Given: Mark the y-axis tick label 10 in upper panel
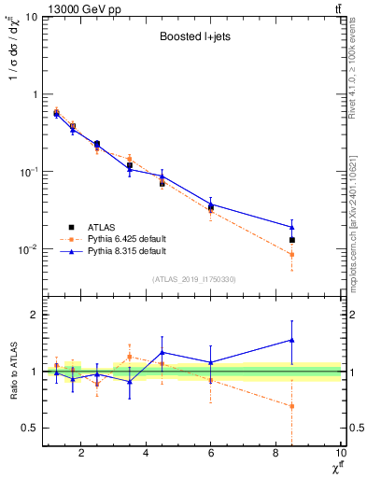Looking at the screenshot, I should coord(30,17).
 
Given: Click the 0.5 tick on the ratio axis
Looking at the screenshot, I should coord(28,428).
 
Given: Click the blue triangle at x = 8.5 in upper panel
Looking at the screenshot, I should coord(292,227).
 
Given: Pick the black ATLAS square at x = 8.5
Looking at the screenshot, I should coord(292,240).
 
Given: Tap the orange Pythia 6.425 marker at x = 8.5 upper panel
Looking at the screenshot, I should coord(292,255).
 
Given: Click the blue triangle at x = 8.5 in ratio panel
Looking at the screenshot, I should coord(292,340).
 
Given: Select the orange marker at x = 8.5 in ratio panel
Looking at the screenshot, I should coord(292,406).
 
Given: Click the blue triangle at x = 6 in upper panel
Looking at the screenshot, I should coord(211,203).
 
